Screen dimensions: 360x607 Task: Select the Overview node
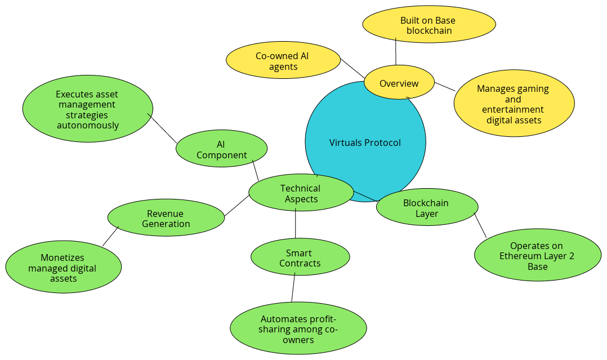coord(399,83)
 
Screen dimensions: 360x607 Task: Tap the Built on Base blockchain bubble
coord(429,25)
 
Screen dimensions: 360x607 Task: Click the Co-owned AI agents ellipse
coord(283,61)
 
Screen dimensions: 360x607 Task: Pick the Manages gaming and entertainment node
coord(514,104)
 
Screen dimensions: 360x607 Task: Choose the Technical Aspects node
coord(301,193)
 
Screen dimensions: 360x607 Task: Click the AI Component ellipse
coord(221,150)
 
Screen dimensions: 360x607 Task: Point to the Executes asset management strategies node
coord(88,110)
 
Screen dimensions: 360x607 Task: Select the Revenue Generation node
coord(166,219)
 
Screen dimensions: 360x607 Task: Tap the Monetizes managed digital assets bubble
coord(63,268)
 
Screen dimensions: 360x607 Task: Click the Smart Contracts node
coord(300,258)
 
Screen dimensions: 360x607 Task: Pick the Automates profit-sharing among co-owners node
coord(298,328)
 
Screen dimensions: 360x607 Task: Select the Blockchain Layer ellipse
coord(427,208)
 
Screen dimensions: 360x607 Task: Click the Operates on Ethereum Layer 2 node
coord(538,256)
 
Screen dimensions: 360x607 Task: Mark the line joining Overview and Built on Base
coord(396,52)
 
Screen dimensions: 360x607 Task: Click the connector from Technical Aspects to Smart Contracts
coord(296,226)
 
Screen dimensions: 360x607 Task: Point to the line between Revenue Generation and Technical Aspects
coord(237,206)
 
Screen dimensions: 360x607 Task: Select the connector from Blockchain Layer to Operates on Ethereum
coord(481,225)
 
